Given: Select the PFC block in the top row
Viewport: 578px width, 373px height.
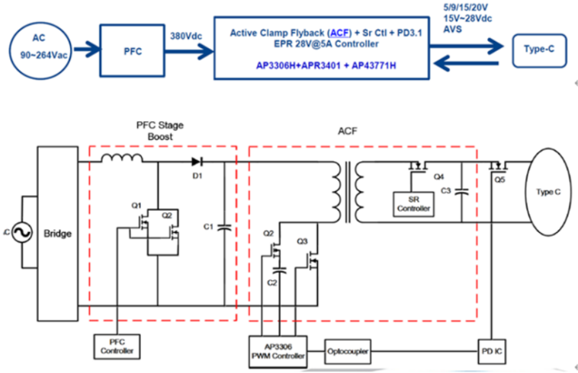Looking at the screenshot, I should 134,53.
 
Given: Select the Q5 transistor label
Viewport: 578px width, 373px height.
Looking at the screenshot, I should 499,180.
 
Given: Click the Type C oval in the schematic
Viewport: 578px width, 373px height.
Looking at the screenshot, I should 547,193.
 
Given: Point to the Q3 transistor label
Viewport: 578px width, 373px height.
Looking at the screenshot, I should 303,241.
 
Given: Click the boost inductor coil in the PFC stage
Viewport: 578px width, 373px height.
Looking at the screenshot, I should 121,158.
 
